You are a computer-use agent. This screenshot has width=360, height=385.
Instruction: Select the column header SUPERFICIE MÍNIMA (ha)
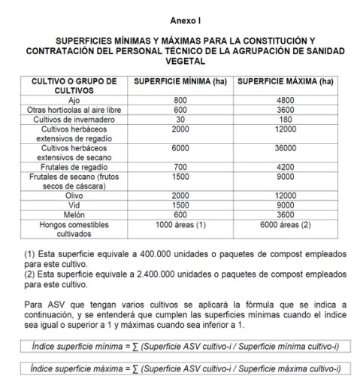180,81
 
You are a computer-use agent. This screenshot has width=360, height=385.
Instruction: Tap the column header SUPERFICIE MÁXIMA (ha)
284,81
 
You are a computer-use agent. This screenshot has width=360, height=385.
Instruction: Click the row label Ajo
74,100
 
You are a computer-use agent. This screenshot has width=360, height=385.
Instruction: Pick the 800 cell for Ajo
180,100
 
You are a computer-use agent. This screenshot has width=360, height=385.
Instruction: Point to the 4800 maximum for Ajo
284,100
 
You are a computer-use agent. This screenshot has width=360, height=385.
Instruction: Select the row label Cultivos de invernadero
74,119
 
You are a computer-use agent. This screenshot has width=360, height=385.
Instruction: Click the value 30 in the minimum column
180,119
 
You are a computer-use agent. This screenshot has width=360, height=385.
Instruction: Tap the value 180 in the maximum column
284,119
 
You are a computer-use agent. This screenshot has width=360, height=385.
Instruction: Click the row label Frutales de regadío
74,166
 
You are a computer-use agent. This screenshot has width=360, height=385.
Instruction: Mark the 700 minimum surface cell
180,166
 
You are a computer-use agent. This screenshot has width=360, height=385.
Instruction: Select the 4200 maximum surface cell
284,166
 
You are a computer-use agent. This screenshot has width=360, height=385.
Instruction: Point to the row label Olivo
74,195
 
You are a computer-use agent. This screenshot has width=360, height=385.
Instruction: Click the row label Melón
74,214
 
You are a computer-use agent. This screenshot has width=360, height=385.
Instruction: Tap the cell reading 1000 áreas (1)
180,223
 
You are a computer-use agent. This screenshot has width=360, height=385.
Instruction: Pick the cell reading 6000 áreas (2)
284,223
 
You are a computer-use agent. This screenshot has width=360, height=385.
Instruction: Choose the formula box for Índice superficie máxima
180,368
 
